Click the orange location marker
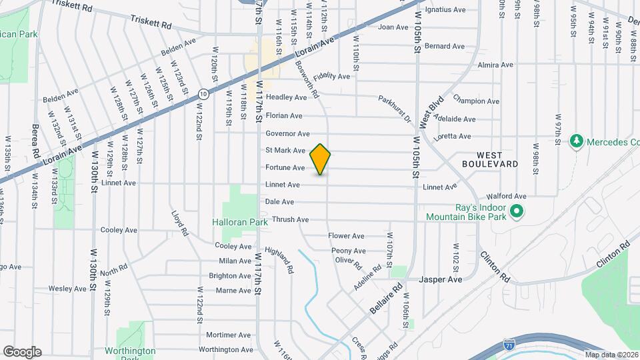[x=321, y=159]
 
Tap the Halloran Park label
[x=239, y=222]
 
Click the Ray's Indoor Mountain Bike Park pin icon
[x=515, y=212]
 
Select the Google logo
[x=22, y=351]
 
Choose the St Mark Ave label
[x=285, y=151]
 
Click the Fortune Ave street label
[x=285, y=167]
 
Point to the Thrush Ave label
[x=291, y=219]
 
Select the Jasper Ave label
[x=440, y=279]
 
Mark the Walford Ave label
[x=507, y=197]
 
